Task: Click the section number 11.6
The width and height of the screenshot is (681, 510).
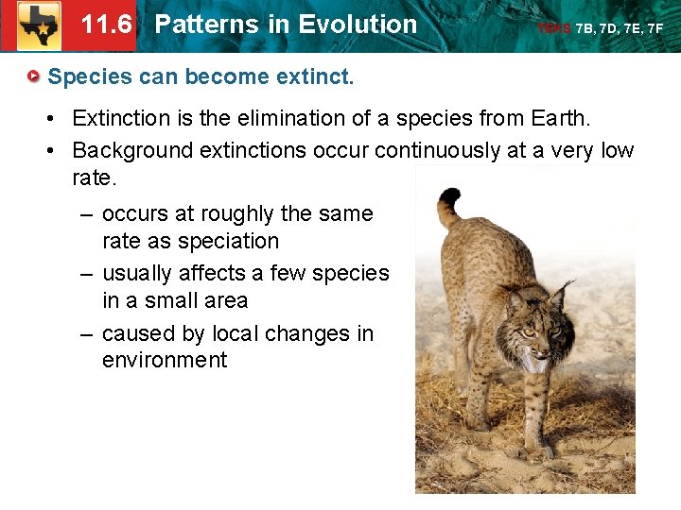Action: pos(106,25)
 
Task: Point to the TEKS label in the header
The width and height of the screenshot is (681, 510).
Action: pos(553,29)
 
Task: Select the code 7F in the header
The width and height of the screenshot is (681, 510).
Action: pos(655,29)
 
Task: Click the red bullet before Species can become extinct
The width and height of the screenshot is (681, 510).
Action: pos(33,76)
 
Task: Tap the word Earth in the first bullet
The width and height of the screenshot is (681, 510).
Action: pos(557,118)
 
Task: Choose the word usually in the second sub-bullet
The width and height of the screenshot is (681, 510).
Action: pos(140,273)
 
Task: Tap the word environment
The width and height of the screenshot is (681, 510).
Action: pos(165,360)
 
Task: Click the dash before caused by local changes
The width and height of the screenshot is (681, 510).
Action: pos(85,333)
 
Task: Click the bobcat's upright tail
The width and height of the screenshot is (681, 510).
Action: pos(450,204)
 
